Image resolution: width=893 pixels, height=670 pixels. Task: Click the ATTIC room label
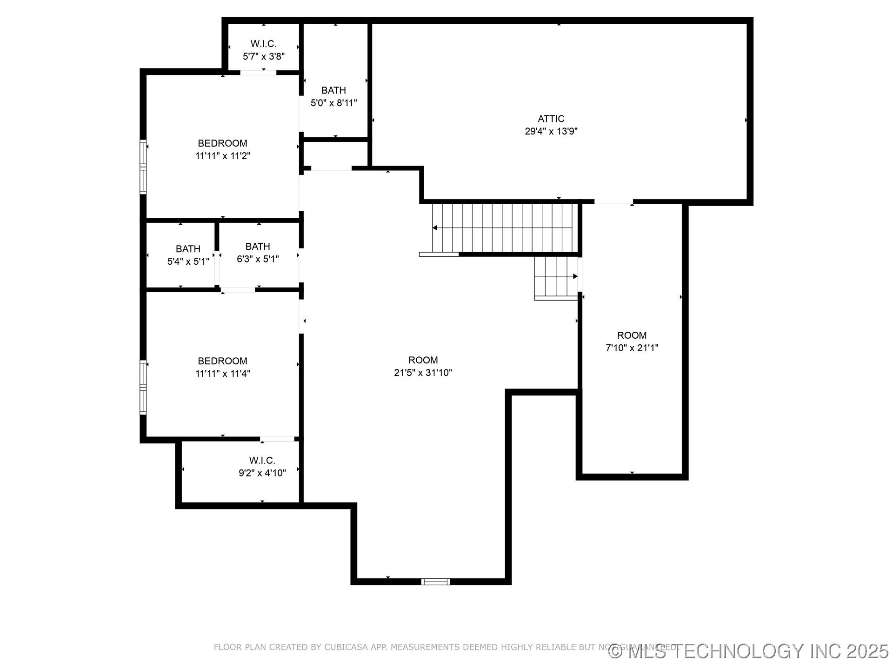coord(551,119)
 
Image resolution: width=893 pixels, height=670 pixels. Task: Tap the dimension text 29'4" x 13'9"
coord(551,131)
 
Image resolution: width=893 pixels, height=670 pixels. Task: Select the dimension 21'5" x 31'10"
coord(423,373)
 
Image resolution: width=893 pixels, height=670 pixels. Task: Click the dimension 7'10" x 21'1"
coord(632,348)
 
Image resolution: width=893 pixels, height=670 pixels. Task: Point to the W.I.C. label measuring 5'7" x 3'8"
coord(264,44)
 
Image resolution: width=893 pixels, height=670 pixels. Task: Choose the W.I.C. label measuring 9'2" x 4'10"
coord(262,461)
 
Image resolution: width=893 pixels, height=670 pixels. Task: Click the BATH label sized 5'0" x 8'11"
coord(333,90)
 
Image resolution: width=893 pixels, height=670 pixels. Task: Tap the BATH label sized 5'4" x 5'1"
coord(188,249)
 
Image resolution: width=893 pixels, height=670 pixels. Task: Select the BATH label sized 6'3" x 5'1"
coord(258,247)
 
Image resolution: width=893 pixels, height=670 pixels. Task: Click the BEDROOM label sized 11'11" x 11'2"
coord(222,143)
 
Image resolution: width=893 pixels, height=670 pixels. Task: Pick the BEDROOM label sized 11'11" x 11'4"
coord(222,361)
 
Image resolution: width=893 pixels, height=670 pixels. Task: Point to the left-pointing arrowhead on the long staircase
coord(435,228)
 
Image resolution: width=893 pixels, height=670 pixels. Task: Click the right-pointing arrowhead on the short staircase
coord(575,276)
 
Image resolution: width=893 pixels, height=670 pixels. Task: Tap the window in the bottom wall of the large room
coord(436,582)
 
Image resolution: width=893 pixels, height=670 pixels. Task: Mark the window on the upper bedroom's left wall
coord(143,167)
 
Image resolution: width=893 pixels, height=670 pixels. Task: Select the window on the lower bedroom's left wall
coord(143,387)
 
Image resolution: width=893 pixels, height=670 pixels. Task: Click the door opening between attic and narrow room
coord(613,202)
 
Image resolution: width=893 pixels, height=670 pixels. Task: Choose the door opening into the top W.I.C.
coord(258,73)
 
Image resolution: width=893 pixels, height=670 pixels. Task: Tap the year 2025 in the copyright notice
coord(867,651)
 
